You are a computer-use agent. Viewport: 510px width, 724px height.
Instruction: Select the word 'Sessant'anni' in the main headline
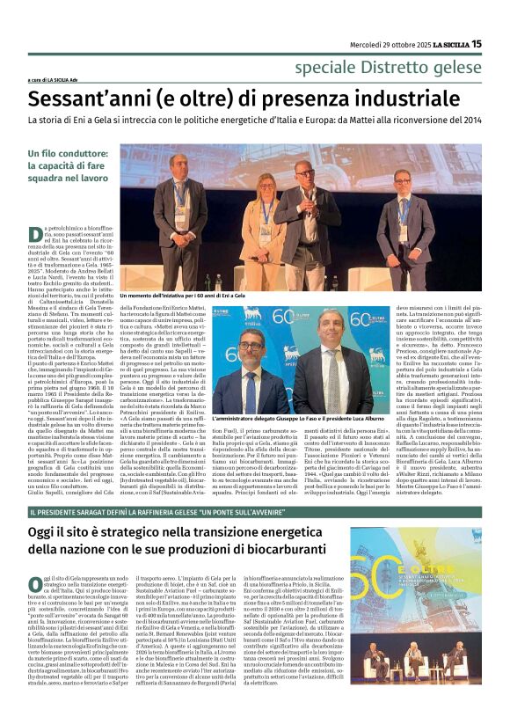pos(91,96)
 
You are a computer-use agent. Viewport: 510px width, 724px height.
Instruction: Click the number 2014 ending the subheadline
pos(467,120)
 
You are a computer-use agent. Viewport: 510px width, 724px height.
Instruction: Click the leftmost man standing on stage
pos(186,220)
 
